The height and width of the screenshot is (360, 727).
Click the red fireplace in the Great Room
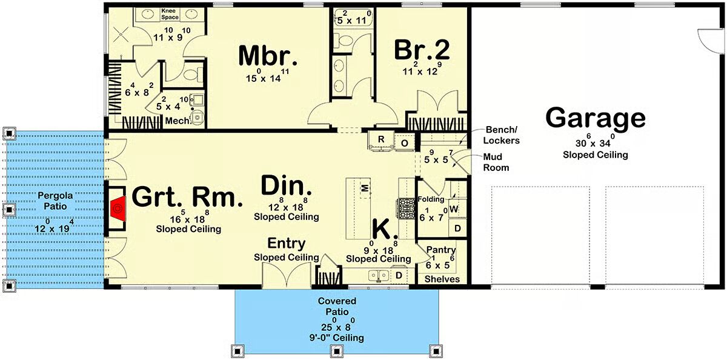pyautogui.click(x=118, y=208)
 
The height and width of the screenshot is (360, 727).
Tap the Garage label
pyautogui.click(x=596, y=119)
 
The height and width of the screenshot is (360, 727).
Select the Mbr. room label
pyautogui.click(x=268, y=56)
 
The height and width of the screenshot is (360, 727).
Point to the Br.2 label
pyautogui.click(x=422, y=50)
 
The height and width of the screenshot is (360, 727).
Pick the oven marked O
pyautogui.click(x=405, y=143)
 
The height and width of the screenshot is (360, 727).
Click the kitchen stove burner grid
pyautogui.click(x=406, y=208)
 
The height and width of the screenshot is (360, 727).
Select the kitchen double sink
pyautogui.click(x=379, y=276)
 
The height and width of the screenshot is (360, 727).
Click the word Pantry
pyautogui.click(x=441, y=250)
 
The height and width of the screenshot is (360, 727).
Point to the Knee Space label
pyautogui.click(x=170, y=14)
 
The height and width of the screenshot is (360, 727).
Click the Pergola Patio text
pyautogui.click(x=55, y=201)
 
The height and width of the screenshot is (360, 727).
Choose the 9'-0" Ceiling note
pyautogui.click(x=337, y=338)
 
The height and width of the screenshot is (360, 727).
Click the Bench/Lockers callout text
pyautogui.click(x=502, y=135)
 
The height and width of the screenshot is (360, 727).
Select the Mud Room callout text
pyautogui.click(x=496, y=162)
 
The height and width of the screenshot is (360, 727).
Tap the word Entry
pyautogui.click(x=286, y=243)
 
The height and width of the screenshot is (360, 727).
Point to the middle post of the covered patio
pyautogui.click(x=337, y=351)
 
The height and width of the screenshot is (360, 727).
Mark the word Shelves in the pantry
pyautogui.click(x=442, y=279)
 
